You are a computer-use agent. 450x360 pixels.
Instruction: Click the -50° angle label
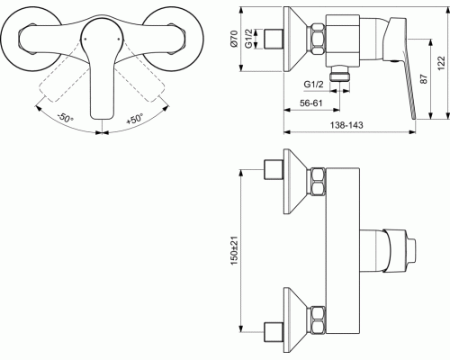pyautogui.click(x=65, y=118)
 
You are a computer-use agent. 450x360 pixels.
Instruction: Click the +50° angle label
pyautogui.click(x=135, y=119)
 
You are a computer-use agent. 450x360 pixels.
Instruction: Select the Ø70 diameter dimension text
pyautogui.click(x=234, y=39)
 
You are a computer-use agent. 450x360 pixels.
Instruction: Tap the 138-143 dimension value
pyautogui.click(x=346, y=125)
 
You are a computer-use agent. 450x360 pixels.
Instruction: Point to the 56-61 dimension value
pyautogui.click(x=311, y=103)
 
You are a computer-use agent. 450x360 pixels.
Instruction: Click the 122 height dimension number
pyautogui.click(x=441, y=63)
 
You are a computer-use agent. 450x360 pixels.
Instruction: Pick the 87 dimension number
pyautogui.click(x=423, y=79)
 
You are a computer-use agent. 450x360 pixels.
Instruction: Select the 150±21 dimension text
pyautogui.click(x=234, y=250)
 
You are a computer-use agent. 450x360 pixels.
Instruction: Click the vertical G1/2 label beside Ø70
pyautogui.click(x=248, y=39)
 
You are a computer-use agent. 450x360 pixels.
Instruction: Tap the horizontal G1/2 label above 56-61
pyautogui.click(x=314, y=85)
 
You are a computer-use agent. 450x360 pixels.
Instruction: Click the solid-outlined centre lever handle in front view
pyautogui.click(x=102, y=68)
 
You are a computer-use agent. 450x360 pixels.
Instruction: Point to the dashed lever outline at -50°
pyautogui.click(x=60, y=81)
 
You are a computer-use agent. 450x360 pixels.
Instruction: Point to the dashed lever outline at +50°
pyautogui.click(x=143, y=81)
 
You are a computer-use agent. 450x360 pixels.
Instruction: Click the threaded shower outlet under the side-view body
pyautogui.click(x=339, y=74)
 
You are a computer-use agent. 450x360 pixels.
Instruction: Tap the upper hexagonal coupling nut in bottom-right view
pyautogui.click(x=318, y=182)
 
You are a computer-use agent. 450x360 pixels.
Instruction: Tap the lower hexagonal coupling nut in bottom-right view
pyautogui.click(x=318, y=320)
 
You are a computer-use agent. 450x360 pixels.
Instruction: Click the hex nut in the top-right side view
pyautogui.click(x=318, y=40)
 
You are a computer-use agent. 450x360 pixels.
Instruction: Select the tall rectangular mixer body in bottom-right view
pyautogui.click(x=343, y=250)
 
